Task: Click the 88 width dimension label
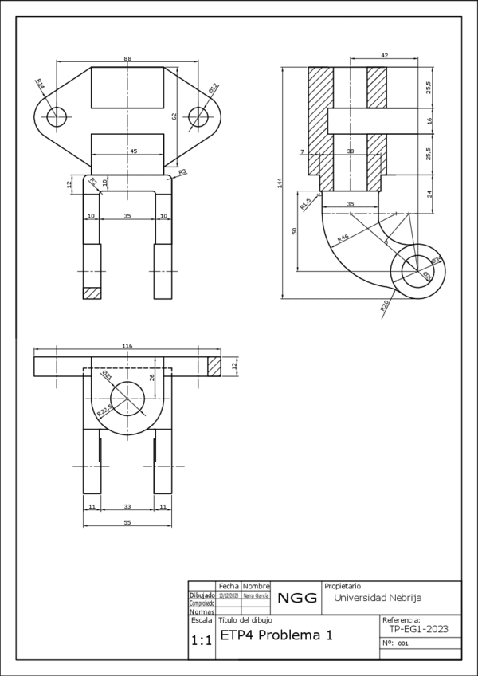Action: (127, 59)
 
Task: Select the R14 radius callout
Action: (40, 83)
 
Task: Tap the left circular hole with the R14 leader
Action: (56, 117)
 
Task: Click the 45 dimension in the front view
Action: (133, 151)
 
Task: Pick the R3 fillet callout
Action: (182, 172)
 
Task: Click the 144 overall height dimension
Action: (280, 183)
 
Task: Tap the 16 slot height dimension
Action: (429, 120)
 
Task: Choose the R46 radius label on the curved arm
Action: (343, 238)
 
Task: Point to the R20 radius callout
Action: (385, 305)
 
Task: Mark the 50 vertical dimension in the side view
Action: (295, 230)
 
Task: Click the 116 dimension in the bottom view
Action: (127, 346)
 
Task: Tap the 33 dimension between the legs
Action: (127, 506)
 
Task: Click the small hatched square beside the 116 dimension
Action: (214, 366)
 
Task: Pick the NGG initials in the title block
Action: (297, 598)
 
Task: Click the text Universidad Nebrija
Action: (378, 597)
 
